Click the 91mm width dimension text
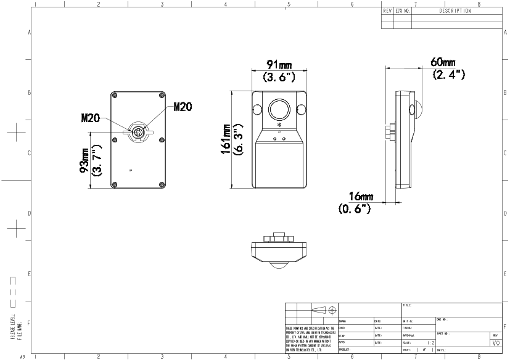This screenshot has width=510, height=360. point(279,65)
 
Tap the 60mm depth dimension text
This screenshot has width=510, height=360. point(443,62)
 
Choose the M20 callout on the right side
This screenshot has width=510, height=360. point(182,107)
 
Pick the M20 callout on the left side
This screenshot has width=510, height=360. point(91,118)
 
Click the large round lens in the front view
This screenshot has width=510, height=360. point(279,109)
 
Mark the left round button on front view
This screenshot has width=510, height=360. point(256,109)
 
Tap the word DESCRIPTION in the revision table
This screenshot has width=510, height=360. point(455,11)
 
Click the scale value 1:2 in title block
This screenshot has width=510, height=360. point(429,342)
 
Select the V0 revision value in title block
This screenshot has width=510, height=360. point(496,343)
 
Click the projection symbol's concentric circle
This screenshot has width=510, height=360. point(332,309)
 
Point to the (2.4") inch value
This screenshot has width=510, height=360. point(448,75)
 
